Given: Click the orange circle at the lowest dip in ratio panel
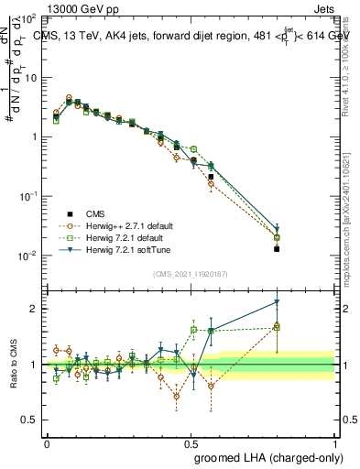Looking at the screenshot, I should pyautogui.click(x=176, y=397).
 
